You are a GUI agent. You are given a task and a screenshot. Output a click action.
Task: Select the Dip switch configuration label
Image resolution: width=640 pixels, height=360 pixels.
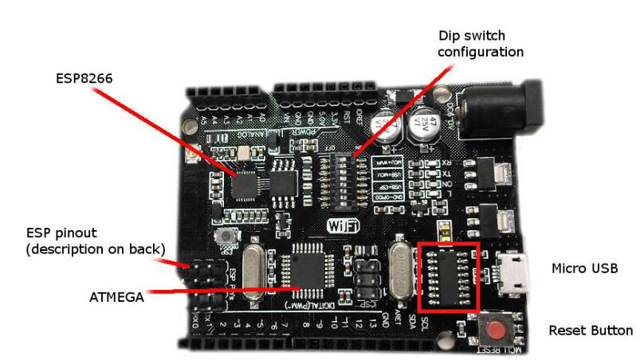click(481, 44)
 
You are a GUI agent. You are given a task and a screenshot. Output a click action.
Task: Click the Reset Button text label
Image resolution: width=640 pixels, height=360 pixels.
click(591, 330)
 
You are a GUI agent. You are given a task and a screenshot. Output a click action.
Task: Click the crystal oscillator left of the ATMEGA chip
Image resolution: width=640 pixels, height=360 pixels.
click(255, 273)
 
